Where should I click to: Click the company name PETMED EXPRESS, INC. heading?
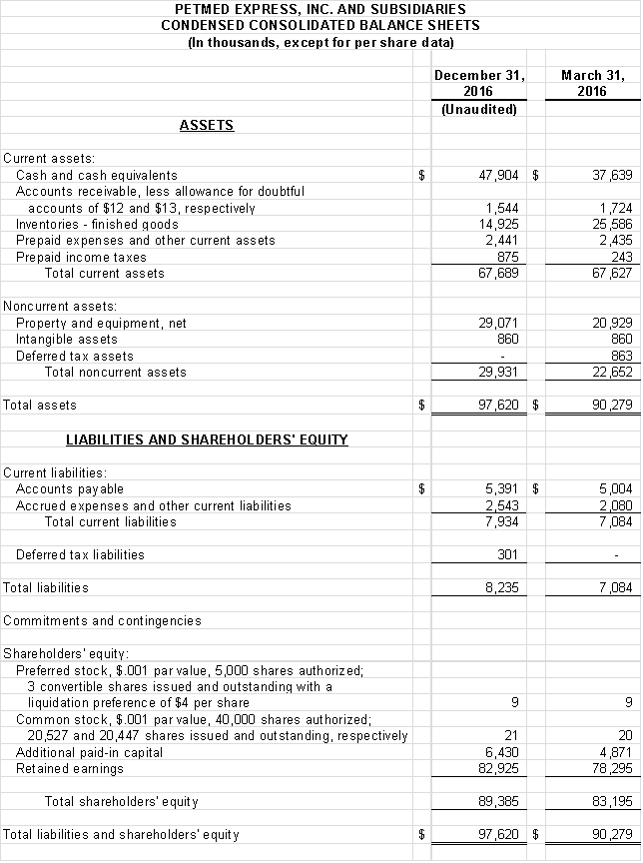tap(321, 9)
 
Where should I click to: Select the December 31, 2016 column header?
tap(479, 83)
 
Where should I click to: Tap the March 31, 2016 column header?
tap(592, 83)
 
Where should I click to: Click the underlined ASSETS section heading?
tap(207, 125)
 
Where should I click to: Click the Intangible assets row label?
tap(67, 340)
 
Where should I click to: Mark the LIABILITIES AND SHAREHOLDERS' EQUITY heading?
tap(207, 438)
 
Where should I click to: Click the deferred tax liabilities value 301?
tap(508, 554)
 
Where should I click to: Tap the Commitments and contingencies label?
tap(102, 620)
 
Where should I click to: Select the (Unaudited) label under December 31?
tap(479, 109)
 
